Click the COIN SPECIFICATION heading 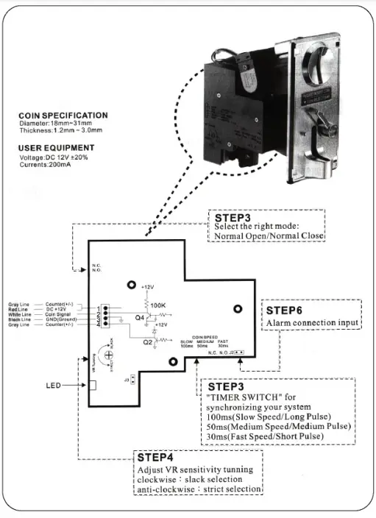tap(63, 116)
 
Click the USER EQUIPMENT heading tap(55, 148)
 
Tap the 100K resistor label tap(158, 303)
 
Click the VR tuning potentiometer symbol tap(109, 355)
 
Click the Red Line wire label tap(20, 310)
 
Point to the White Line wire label tap(21, 315)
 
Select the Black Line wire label tap(21, 320)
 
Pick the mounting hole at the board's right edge tap(237, 309)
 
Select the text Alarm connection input tap(312, 323)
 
